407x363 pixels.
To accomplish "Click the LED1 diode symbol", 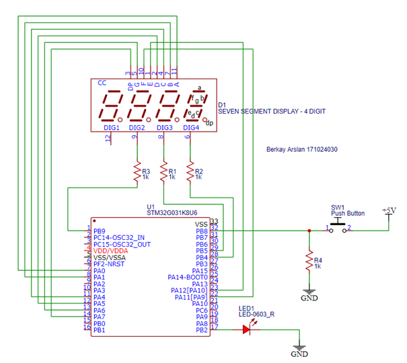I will coord(247,329).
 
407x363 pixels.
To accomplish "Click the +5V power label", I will coord(388,210).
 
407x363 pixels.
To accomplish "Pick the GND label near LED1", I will coord(299,354).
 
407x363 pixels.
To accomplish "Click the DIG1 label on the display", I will coord(112,127).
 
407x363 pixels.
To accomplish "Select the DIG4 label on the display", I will coord(191,127).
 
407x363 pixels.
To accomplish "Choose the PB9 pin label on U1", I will coord(100,231).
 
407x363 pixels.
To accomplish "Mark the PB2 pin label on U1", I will coord(201,329).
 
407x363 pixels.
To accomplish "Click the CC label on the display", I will coord(102,83).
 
